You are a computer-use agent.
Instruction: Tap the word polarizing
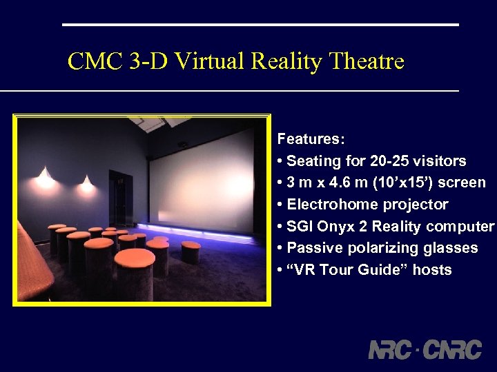click(376, 248)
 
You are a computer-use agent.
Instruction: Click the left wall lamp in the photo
click(46, 178)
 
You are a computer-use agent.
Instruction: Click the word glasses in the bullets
click(453, 248)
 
